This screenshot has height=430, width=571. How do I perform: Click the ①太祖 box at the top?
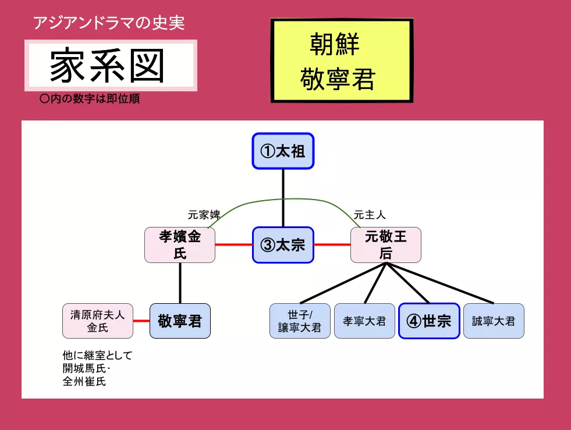tap(283, 151)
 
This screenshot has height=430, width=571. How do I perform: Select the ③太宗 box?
tap(283, 245)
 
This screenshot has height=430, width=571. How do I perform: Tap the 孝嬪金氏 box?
tap(180, 245)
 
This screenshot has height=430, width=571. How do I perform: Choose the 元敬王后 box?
tap(385, 245)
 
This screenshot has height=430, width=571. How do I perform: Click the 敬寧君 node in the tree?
tap(180, 321)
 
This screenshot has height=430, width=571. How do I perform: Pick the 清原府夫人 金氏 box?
tap(98, 321)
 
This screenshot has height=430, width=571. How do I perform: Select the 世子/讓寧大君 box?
tap(300, 321)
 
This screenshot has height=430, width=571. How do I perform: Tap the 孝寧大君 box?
tap(364, 321)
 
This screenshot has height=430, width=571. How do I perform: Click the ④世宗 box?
tap(429, 321)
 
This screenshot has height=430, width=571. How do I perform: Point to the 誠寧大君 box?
tap(494, 321)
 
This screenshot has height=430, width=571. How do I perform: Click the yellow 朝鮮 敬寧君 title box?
tap(342, 61)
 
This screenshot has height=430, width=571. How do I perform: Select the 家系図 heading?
tap(111, 65)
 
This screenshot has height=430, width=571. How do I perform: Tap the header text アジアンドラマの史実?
tap(109, 23)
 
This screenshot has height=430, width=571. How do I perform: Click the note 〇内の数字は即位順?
tap(90, 99)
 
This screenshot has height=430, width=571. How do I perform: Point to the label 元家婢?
tap(204, 215)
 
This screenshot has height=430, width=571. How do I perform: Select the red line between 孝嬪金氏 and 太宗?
tap(233, 245)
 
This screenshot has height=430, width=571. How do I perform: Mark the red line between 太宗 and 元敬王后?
tap(332, 245)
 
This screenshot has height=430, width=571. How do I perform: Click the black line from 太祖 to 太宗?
tap(283, 198)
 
